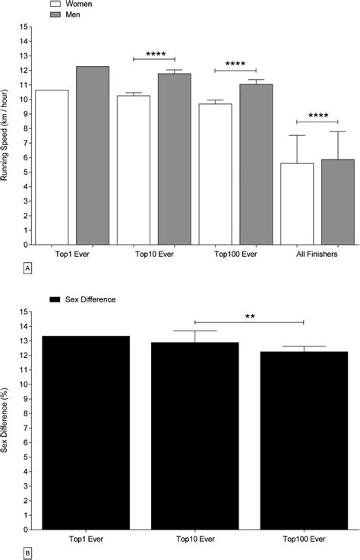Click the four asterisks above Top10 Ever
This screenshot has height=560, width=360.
tap(154, 54)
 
